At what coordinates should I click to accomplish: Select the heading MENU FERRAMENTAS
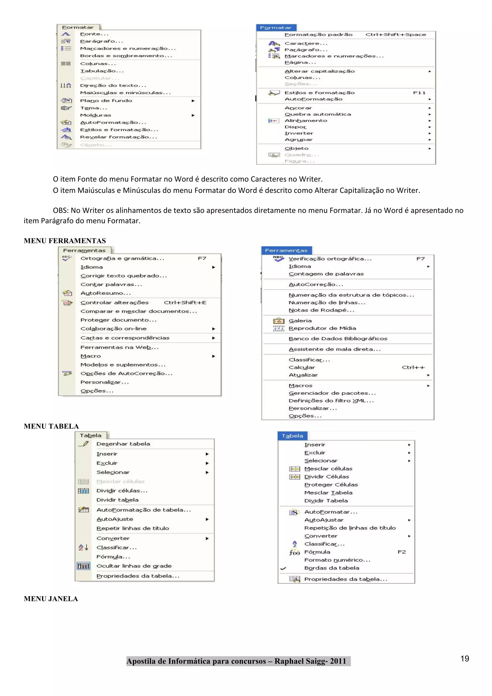click(65, 241)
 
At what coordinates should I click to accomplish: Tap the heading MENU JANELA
click(51, 599)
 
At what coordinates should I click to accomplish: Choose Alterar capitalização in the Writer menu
click(319, 71)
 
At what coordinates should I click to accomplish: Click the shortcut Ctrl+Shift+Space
click(395, 35)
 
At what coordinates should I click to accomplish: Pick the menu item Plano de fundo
click(106, 101)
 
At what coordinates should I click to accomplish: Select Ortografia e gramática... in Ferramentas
click(122, 259)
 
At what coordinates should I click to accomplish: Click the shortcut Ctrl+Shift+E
click(185, 303)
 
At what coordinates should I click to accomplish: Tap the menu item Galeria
click(300, 321)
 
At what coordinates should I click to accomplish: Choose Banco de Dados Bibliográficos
click(338, 339)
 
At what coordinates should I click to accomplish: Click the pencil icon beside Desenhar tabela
click(84, 444)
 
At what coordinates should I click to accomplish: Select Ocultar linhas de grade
click(134, 566)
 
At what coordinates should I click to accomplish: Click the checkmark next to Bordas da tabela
click(283, 568)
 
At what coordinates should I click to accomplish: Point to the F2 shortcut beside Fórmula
click(402, 552)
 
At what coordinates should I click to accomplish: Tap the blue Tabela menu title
click(292, 436)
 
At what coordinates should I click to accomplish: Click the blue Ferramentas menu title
click(286, 250)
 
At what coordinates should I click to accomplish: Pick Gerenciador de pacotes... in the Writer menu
click(332, 393)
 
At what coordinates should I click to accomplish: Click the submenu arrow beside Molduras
click(193, 115)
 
